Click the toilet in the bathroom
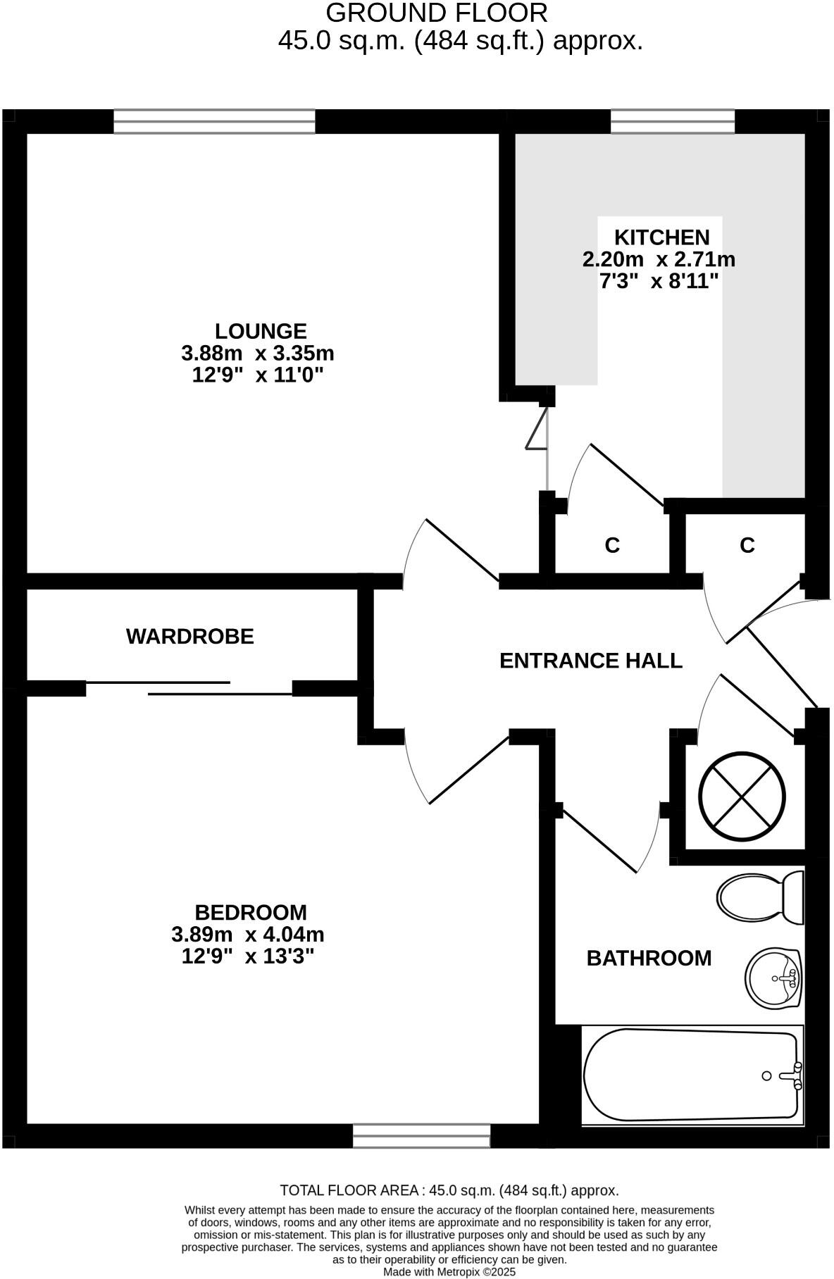759,898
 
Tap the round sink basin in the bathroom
773,978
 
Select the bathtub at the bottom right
692,1075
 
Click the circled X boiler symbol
742,795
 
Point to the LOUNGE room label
261,331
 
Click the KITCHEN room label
661,237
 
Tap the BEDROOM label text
251,913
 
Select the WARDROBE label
190,637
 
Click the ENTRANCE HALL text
591,661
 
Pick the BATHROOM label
649,958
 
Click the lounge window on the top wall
214,121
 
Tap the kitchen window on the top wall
672,121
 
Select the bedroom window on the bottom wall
421,1136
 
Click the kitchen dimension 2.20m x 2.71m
659,260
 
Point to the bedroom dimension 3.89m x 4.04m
248,935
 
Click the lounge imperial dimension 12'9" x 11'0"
258,375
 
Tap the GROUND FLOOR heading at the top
437,13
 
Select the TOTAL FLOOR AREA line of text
449,1191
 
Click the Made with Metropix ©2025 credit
449,1272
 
